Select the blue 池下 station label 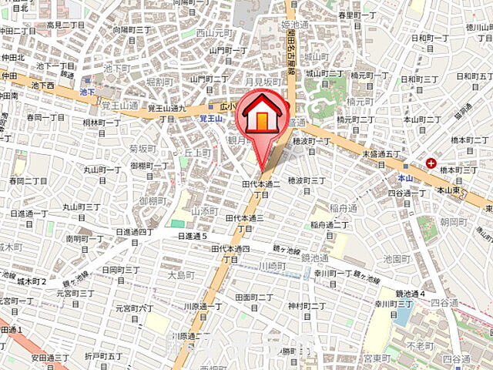coord(87,92)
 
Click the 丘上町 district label coord(197,153)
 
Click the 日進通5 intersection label coord(193,235)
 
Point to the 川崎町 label coord(272,265)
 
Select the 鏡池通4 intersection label coord(410,294)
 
